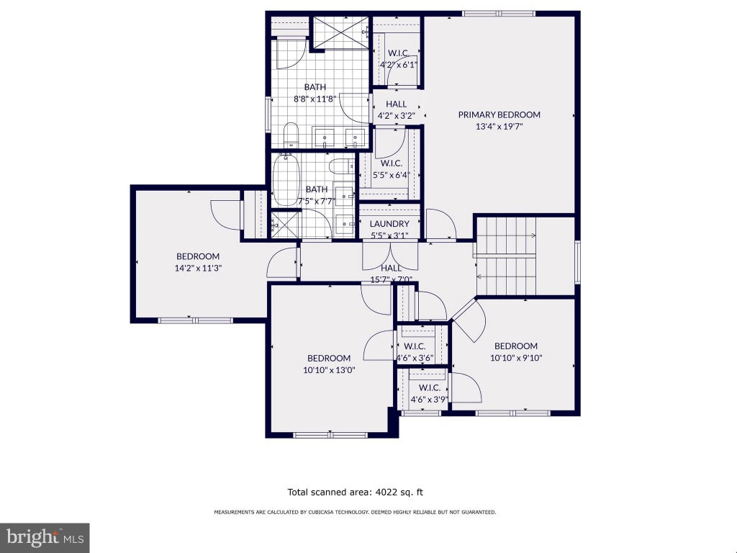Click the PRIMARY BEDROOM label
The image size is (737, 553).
(499, 114)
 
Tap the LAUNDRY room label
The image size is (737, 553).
(389, 224)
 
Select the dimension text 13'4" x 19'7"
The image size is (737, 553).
(499, 127)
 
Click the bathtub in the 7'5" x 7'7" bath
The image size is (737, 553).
(286, 179)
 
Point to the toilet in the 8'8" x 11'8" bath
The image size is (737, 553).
(291, 135)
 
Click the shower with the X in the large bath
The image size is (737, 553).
(341, 32)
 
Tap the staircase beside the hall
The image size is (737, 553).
(506, 256)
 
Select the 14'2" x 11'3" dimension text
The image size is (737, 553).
(198, 268)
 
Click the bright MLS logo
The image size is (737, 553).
(45, 537)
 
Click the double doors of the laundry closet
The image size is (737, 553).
(390, 256)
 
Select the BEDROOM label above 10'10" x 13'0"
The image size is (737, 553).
(328, 359)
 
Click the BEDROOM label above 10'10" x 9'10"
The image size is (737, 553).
(515, 346)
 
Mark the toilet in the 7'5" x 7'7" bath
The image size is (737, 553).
(341, 166)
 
